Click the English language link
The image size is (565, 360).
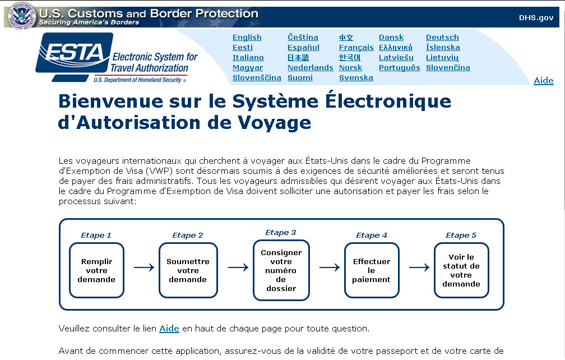point(247,38)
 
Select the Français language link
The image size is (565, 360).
point(356,48)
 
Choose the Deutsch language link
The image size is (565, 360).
point(442,38)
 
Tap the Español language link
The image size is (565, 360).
point(303,48)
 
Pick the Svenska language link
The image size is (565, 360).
point(356,78)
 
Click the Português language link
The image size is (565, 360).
point(399,68)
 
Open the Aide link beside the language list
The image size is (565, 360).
point(543,81)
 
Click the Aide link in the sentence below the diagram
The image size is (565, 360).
point(169,329)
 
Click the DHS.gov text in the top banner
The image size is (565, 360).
point(536,17)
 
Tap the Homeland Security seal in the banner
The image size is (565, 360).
point(21,15)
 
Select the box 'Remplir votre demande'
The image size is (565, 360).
point(96,270)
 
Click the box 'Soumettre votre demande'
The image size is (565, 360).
point(188,270)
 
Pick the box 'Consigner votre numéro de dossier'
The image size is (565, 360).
point(281,270)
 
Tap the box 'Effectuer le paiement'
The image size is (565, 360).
point(372,270)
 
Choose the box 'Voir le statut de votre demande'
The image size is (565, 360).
point(461,270)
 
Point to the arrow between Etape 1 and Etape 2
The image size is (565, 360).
point(144,268)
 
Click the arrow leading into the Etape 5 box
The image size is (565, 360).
point(419,268)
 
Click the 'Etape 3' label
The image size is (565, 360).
point(281,233)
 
